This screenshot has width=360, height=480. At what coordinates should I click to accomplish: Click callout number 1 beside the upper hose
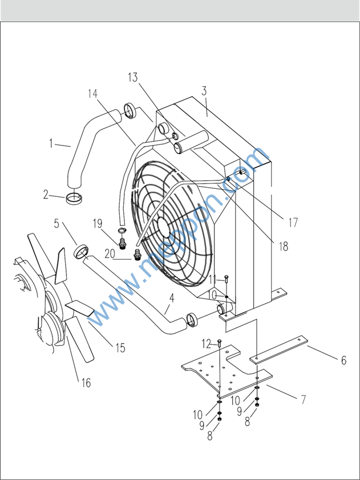[x=51, y=144]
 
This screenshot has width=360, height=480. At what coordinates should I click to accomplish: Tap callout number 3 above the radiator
[x=204, y=91]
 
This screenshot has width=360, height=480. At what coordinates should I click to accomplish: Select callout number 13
[x=133, y=78]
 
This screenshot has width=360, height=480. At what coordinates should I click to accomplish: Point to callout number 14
[x=93, y=94]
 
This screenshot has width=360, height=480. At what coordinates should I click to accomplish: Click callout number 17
[x=293, y=223]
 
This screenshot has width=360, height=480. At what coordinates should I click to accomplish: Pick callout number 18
[x=284, y=247]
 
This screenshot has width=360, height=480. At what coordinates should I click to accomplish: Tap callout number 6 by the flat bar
[x=344, y=360]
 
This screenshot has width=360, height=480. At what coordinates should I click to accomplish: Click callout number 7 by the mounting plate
[x=304, y=400]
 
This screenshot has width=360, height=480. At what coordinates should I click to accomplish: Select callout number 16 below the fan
[x=86, y=382]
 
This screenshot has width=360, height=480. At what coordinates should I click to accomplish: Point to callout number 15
[x=120, y=348]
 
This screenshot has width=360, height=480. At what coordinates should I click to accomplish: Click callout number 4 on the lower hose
[x=172, y=298]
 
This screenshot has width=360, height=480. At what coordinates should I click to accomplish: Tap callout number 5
[x=56, y=224]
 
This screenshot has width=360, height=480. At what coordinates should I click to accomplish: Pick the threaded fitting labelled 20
[x=137, y=255]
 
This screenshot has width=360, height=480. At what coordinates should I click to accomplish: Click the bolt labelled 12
[x=220, y=343]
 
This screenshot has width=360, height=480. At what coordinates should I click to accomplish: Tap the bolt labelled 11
[x=226, y=279]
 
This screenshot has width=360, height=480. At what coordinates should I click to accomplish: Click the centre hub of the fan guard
[x=165, y=225]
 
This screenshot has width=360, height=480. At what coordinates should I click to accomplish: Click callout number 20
[x=110, y=254]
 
